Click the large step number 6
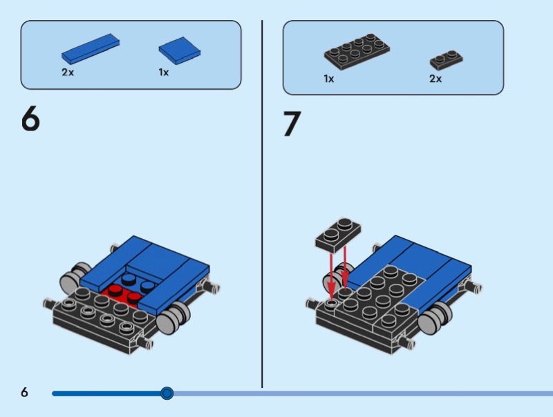tap(30, 118)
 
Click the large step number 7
tap(292, 124)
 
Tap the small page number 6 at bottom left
tap(24, 392)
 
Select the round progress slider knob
tap(167, 393)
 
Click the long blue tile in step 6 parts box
tap(91, 49)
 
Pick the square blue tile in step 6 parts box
tap(180, 50)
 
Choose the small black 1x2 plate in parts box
tap(446, 60)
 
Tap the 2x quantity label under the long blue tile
tap(68, 72)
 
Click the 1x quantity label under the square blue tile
tap(164, 72)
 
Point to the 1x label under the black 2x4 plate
tap(329, 79)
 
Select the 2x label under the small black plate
tap(435, 79)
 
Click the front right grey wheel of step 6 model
tap(173, 318)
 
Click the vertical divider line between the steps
tap(262, 204)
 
